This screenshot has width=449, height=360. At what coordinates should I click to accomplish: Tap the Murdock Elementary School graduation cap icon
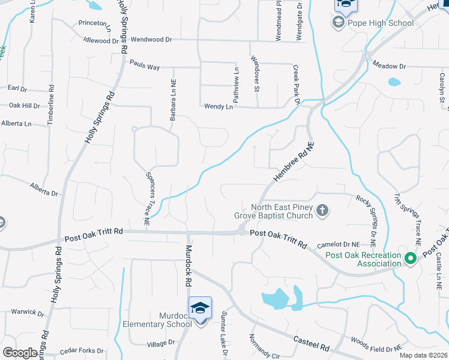point(200,308)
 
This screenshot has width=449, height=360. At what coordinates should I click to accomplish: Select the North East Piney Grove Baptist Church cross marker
point(322,211)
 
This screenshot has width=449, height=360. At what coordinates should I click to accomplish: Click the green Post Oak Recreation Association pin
point(411,259)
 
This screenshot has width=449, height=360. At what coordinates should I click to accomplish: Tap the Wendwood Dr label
point(151,40)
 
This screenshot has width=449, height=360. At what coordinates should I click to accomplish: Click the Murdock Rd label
point(188,264)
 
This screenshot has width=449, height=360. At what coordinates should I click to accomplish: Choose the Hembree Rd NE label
point(294,162)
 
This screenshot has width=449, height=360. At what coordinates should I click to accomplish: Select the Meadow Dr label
point(389,65)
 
